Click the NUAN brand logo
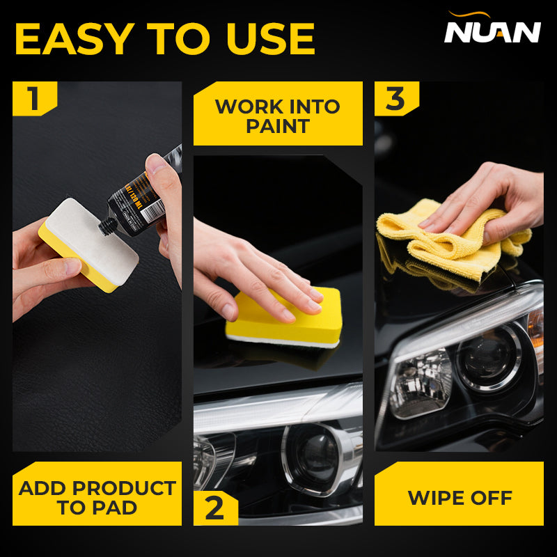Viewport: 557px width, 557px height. pyautogui.click(x=492, y=31)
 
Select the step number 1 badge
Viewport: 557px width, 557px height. pyautogui.click(x=33, y=98)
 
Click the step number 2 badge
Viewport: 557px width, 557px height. pyautogui.click(x=214, y=508)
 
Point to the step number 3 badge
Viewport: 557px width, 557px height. pyautogui.click(x=395, y=98)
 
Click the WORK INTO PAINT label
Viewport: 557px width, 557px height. pyautogui.click(x=278, y=116)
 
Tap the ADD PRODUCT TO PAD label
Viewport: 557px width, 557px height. pyautogui.click(x=97, y=497)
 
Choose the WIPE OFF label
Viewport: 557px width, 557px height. pyautogui.click(x=460, y=498)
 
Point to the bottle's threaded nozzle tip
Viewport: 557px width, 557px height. pyautogui.click(x=108, y=225)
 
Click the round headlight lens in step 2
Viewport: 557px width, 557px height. pyautogui.click(x=317, y=456)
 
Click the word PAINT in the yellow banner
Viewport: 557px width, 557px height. pyautogui.click(x=278, y=126)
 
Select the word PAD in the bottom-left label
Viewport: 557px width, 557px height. pyautogui.click(x=137, y=507)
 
